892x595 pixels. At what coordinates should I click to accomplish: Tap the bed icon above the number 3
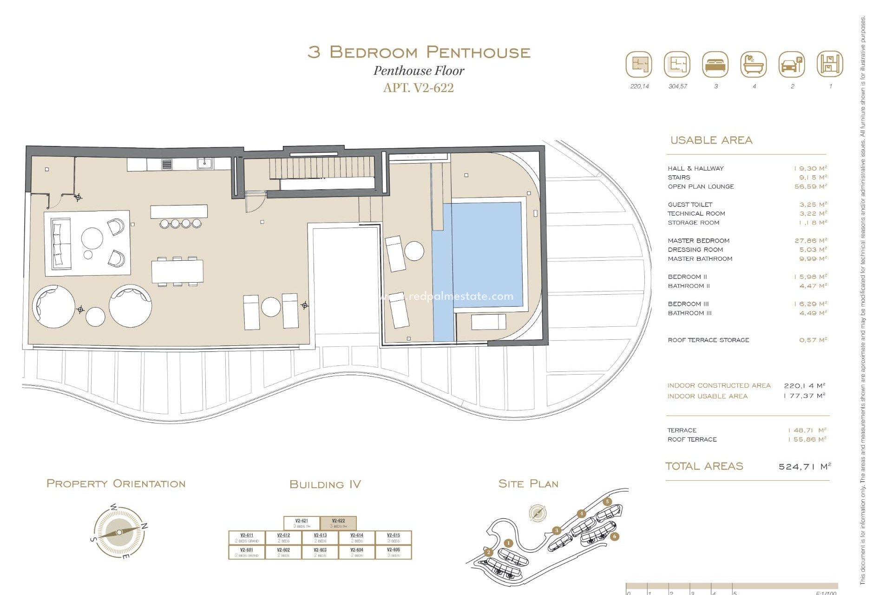coord(715,65)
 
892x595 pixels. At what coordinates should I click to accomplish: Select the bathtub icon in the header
coord(753,65)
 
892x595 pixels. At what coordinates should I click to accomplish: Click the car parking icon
coord(791,65)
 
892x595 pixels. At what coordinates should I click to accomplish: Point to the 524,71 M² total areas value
coord(804,466)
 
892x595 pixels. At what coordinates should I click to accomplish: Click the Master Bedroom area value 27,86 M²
coord(810,240)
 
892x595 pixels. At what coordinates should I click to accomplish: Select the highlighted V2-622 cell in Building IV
coord(339,523)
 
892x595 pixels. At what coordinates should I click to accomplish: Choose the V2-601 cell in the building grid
coord(247,552)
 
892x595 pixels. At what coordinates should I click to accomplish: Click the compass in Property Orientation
coord(119,532)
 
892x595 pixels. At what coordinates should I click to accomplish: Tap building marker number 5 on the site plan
coord(607,502)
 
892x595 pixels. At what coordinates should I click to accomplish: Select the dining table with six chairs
coord(177,271)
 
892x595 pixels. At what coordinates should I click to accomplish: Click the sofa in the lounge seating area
coord(60,244)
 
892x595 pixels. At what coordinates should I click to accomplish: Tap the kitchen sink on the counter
coord(204,164)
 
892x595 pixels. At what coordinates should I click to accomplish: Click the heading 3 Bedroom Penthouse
coord(419,52)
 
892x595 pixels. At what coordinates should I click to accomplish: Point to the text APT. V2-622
coord(418,88)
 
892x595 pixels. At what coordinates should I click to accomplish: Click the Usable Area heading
coord(711,140)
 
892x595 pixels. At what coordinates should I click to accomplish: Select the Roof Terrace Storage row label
coord(708,340)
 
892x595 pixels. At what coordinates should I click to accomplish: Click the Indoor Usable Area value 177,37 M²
coord(804,396)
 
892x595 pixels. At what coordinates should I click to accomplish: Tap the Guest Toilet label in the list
coord(690,205)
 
